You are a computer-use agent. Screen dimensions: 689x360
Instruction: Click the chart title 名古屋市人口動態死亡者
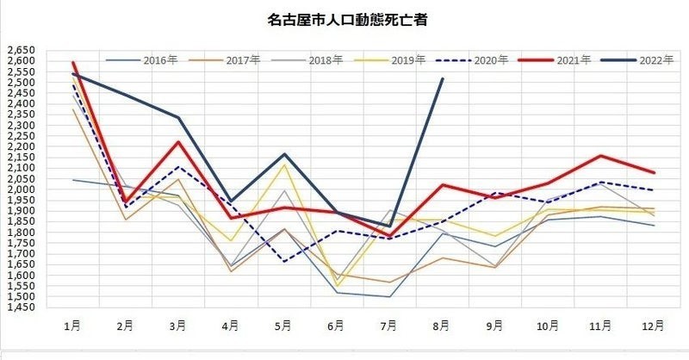tap(347, 20)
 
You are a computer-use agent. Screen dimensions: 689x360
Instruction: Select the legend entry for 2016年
tap(141, 59)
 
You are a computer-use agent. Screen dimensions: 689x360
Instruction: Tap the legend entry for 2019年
tap(390, 59)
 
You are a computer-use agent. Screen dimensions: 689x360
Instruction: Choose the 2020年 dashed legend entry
tap(472, 59)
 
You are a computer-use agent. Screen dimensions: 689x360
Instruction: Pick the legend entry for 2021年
tap(555, 59)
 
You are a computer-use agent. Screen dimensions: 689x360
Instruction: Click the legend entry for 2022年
tap(637, 59)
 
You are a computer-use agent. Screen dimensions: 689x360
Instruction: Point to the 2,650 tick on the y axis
tap(21, 50)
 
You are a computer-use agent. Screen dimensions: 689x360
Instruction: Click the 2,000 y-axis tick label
tap(21, 189)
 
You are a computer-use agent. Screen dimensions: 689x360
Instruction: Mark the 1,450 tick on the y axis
tap(21, 307)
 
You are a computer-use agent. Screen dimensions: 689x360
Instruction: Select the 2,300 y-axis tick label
tap(21, 125)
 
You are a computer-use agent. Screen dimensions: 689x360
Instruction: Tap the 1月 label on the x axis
tap(72, 326)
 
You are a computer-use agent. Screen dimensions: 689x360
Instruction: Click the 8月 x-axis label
tap(442, 326)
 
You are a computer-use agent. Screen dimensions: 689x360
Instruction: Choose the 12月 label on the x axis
tap(653, 326)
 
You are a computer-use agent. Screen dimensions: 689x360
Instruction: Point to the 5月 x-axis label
tap(283, 326)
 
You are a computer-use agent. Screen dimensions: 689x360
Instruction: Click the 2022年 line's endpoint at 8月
tap(443, 78)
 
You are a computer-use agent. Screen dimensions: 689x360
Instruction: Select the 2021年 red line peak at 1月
tap(73, 62)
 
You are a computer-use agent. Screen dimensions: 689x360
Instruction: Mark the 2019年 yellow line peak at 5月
tap(284, 164)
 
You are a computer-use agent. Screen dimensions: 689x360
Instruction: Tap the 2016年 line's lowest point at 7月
tap(389, 297)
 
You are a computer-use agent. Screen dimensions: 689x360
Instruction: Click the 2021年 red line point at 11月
tap(600, 156)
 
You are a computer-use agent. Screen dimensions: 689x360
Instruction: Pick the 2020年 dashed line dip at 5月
tap(284, 262)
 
